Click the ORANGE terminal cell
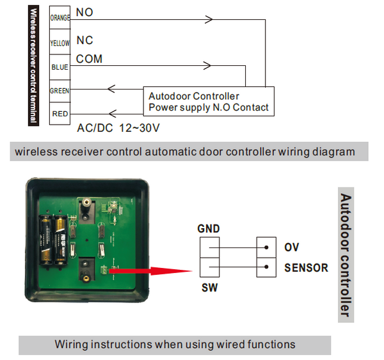click(60, 18)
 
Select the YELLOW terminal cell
click(60, 43)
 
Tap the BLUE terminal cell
click(60, 67)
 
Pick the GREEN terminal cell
click(60, 91)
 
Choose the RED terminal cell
click(60, 114)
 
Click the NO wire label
click(83, 12)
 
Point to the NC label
click(84, 40)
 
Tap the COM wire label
click(89, 59)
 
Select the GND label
click(209, 229)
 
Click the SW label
click(209, 288)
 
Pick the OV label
click(291, 247)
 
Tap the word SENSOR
click(306, 268)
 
